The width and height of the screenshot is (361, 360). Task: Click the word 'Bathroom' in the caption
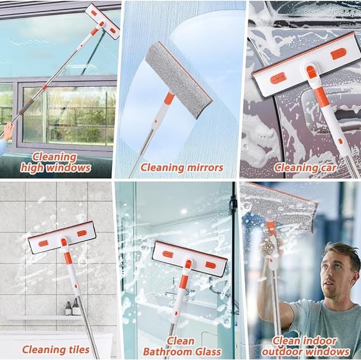pyautogui.click(x=168, y=351)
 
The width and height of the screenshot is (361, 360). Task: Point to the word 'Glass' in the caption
pyautogui.click(x=208, y=351)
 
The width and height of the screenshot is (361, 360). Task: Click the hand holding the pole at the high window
pyautogui.click(x=9, y=131)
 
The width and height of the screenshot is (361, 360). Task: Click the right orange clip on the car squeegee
pyautogui.click(x=338, y=53)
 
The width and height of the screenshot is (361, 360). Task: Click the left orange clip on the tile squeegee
pyautogui.click(x=43, y=243)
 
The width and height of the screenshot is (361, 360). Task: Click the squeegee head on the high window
pyautogui.click(x=103, y=21)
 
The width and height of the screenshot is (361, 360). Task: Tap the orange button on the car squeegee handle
pyautogui.click(x=340, y=141)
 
